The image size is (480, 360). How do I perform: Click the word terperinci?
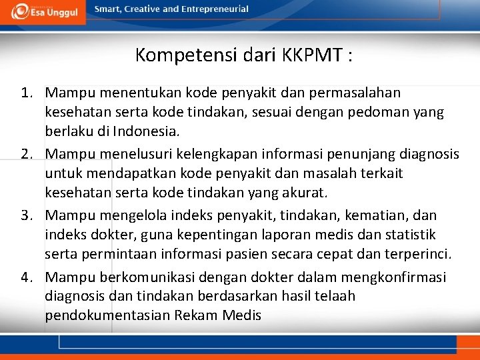pos(413,254)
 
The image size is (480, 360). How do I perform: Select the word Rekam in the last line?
pos(195,315)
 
